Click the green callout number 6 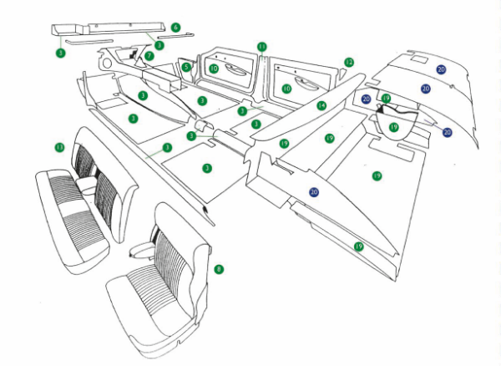click(x=176, y=28)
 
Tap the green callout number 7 click(x=149, y=56)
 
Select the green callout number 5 click(x=187, y=67)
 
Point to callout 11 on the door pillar click(x=261, y=47)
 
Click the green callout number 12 click(x=349, y=62)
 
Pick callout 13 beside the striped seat click(x=59, y=147)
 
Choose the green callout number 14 click(x=321, y=106)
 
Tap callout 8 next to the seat click(x=219, y=269)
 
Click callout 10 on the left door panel click(x=214, y=69)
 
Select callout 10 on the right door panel click(x=286, y=88)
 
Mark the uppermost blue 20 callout click(x=441, y=69)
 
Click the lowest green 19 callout click(x=358, y=247)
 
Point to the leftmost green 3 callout click(x=60, y=53)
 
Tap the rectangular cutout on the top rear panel click(x=419, y=59)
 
